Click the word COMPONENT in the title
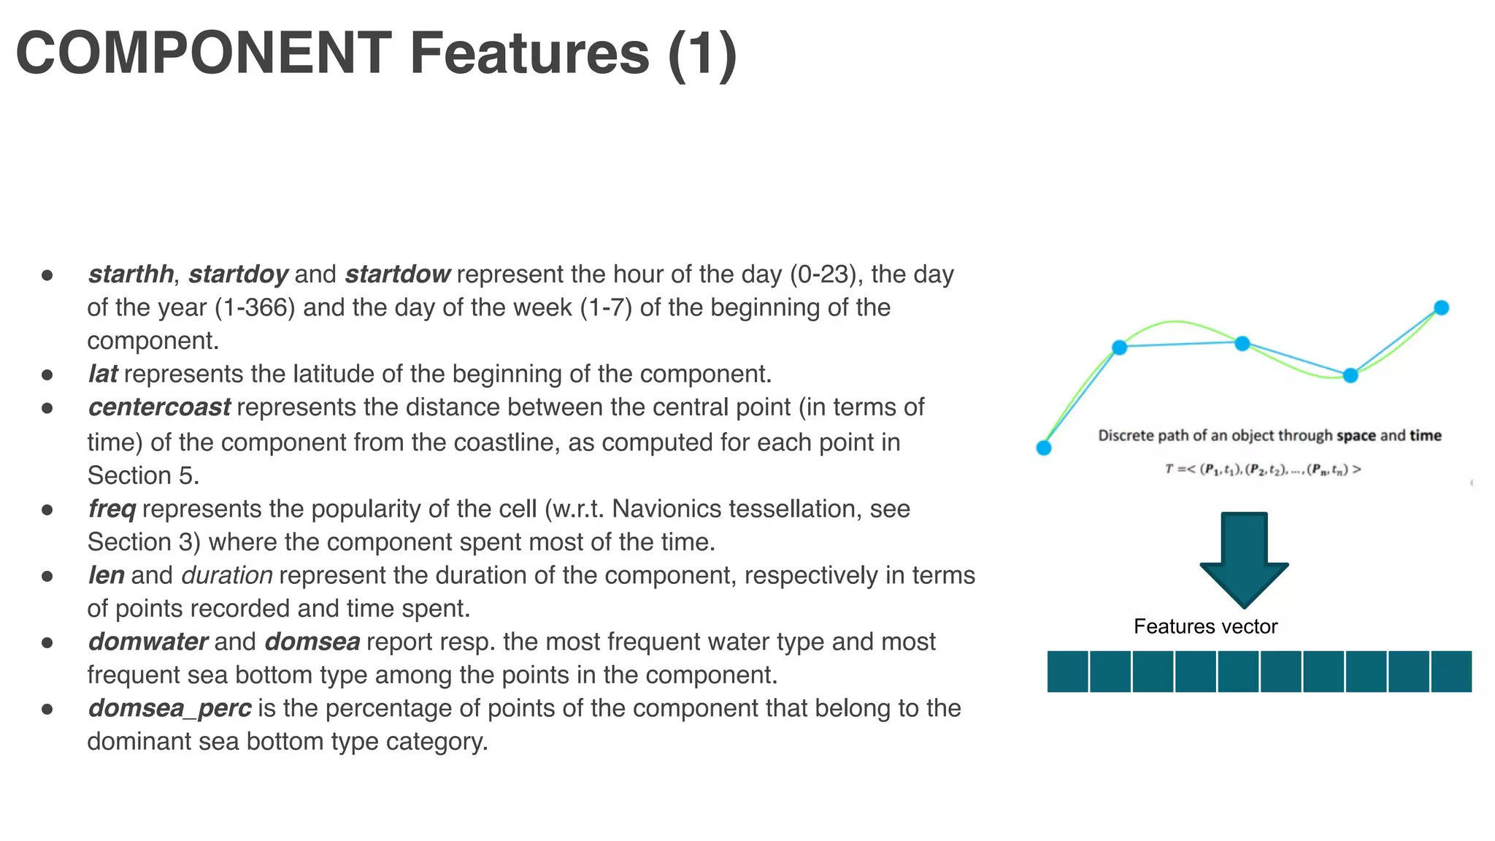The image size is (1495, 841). click(204, 53)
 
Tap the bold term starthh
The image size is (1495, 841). click(131, 274)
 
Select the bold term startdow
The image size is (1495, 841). click(397, 274)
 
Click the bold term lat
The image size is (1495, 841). click(103, 374)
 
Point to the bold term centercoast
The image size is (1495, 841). click(159, 407)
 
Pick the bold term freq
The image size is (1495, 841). click(112, 509)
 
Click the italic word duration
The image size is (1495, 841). click(227, 575)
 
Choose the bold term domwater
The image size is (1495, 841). click(148, 642)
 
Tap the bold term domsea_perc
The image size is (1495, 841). click(169, 708)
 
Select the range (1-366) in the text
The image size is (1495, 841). click(255, 307)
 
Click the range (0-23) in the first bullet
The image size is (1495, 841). click(826, 274)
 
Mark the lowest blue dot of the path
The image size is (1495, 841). click(1044, 448)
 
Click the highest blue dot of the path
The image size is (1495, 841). click(1441, 308)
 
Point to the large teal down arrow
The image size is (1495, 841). click(1244, 558)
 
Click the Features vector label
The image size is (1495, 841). click(1205, 626)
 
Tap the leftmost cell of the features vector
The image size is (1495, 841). click(1068, 672)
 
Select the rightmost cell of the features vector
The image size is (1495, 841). click(1451, 672)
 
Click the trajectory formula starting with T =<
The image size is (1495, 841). click(1263, 469)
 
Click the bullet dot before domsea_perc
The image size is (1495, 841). click(47, 708)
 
